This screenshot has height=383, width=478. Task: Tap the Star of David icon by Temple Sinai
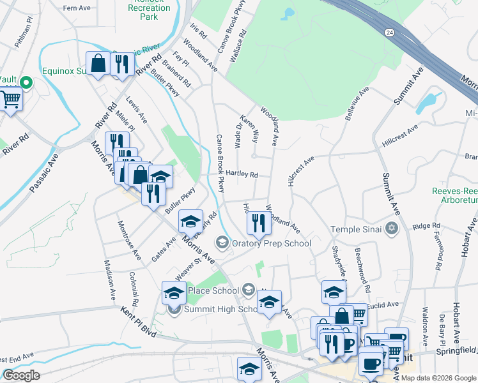click(x=392, y=229)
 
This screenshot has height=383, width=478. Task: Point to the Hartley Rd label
click(x=242, y=174)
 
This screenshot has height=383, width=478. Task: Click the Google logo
click(x=21, y=375)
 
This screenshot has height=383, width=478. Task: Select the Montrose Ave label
click(x=128, y=241)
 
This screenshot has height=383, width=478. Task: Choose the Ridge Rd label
click(x=422, y=226)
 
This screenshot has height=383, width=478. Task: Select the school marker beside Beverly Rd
click(x=190, y=222)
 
